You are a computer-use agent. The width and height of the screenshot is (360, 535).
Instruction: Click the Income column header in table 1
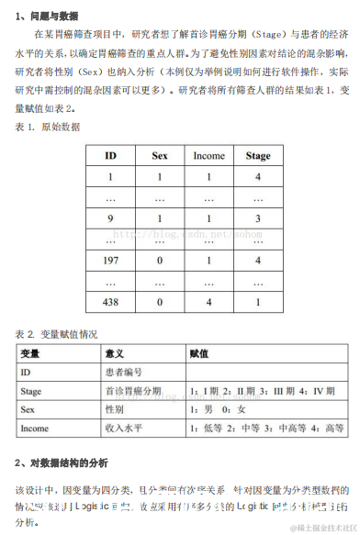pyautogui.click(x=208, y=155)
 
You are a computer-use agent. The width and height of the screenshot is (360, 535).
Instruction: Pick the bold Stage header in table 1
pyautogui.click(x=258, y=155)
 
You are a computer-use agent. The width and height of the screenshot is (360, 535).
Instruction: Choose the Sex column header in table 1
pyautogui.click(x=160, y=155)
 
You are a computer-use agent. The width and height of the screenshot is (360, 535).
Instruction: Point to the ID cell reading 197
pyautogui.click(x=110, y=260)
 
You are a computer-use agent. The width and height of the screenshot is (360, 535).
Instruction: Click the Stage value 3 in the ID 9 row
pyautogui.click(x=258, y=218)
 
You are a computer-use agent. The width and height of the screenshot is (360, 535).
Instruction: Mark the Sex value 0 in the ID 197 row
pyautogui.click(x=160, y=260)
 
